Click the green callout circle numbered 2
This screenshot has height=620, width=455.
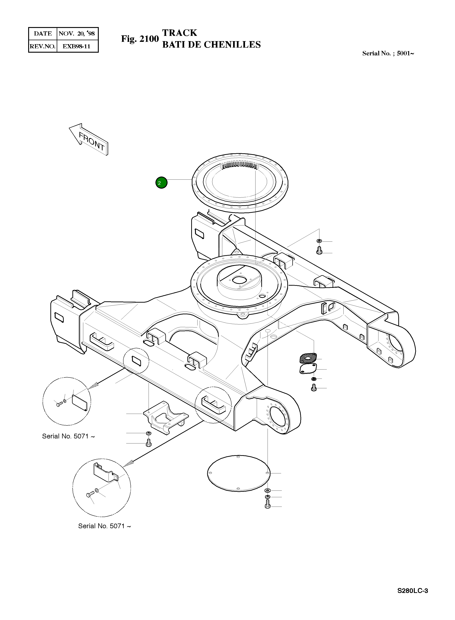click(161, 183)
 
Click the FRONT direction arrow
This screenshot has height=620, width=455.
click(90, 140)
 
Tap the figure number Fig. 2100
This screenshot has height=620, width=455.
click(140, 39)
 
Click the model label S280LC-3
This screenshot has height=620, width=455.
click(412, 591)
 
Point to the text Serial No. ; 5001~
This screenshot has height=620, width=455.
click(388, 54)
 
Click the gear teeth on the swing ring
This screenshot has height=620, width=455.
click(239, 165)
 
